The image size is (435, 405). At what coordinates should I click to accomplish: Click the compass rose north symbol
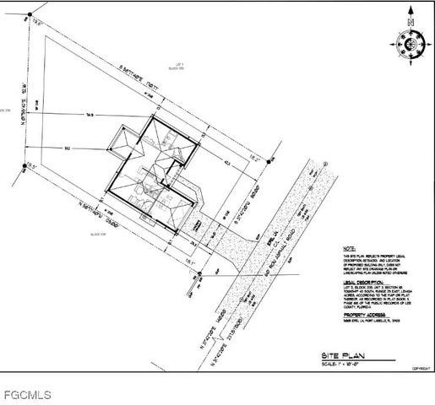(411, 42)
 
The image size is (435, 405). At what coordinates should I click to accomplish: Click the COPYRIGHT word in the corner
(419, 369)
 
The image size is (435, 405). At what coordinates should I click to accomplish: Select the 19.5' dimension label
(32, 165)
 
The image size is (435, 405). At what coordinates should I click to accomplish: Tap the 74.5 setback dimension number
(90, 114)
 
